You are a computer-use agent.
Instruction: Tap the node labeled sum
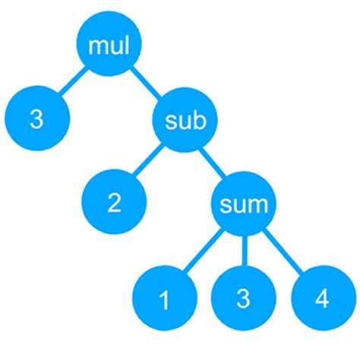point(244,204)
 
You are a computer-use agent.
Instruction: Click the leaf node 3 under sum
point(243,298)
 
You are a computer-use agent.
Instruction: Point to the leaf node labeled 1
point(163,300)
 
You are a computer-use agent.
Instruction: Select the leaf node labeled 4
point(322,298)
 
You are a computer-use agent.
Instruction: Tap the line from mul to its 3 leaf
point(71,83)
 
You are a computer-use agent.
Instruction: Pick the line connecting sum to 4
point(283,251)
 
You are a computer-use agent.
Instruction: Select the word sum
point(244,204)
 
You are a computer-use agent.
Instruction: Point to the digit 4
point(322,298)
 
